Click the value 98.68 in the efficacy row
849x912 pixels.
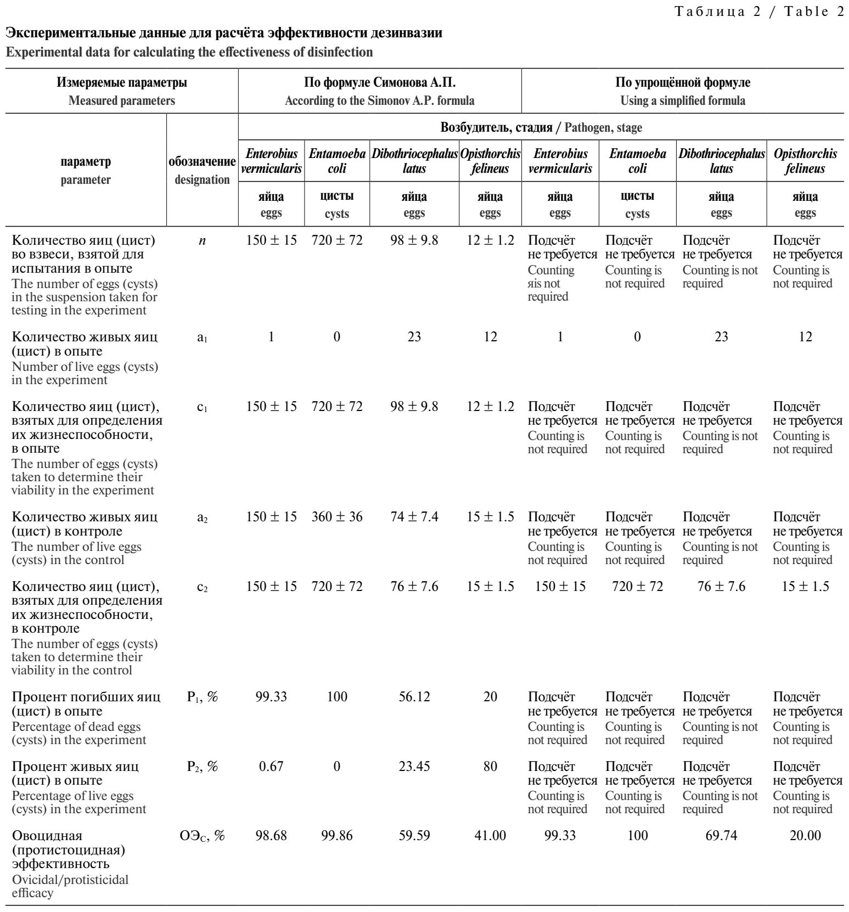[x=271, y=836]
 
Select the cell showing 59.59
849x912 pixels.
[x=414, y=836]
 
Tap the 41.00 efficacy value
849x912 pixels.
[x=490, y=836]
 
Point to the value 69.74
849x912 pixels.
[x=721, y=836]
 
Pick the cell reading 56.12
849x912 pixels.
[x=414, y=697]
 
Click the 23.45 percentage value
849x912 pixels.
[x=414, y=766]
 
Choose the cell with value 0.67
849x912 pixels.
[x=271, y=766]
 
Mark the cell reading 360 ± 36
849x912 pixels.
[x=337, y=517]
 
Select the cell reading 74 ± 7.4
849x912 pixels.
[x=414, y=517]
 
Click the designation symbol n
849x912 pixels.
[x=202, y=240]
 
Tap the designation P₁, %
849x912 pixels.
[x=202, y=697]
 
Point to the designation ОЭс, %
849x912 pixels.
[x=202, y=836]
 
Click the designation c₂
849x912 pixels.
[x=202, y=587]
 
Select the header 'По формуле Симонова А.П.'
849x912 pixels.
[x=380, y=83]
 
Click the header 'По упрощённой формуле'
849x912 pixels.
[x=683, y=83]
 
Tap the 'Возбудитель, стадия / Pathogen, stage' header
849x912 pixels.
[x=541, y=128]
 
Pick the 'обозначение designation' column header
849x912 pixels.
[x=202, y=171]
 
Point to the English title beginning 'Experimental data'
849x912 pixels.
[x=189, y=52]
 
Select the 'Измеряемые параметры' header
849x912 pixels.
[x=122, y=83]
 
